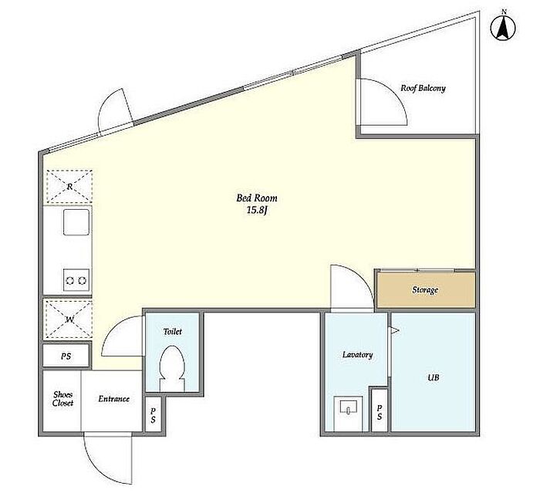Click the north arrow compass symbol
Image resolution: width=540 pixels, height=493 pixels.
click(503, 27)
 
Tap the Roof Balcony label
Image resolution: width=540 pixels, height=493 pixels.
click(423, 88)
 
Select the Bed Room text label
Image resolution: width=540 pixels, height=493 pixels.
click(257, 198)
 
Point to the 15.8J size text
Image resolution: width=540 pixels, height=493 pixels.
click(257, 211)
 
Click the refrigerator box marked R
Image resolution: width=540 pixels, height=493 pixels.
click(69, 187)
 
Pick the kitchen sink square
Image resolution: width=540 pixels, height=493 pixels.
click(76, 222)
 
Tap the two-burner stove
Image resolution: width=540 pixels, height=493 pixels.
click(76, 280)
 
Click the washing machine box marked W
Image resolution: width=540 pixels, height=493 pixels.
click(69, 319)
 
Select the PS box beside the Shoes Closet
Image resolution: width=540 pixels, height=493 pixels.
click(66, 356)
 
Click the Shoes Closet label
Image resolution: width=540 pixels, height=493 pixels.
click(62, 399)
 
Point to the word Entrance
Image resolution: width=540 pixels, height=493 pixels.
click(113, 399)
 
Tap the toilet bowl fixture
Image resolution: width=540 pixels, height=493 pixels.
click(173, 369)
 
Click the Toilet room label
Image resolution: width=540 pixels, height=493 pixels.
click(173, 332)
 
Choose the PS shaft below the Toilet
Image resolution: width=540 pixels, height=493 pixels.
click(153, 414)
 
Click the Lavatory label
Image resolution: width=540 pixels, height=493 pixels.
click(357, 354)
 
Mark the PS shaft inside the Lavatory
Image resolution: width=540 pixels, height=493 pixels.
click(379, 410)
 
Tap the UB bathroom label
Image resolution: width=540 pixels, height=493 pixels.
click(434, 377)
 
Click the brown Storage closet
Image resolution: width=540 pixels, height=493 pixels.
click(426, 290)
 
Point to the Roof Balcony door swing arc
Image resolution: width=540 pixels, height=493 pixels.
click(393, 93)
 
